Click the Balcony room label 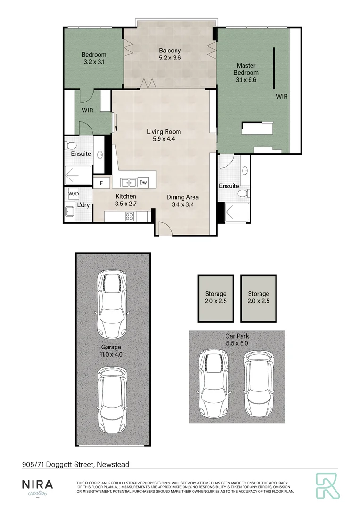point(170,51)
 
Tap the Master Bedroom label point(247,69)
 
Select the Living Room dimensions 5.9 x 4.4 point(164,139)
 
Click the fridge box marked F point(101,183)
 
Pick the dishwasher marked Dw point(143,182)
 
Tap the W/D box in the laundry point(74,194)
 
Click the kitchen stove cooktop point(129,216)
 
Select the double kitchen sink point(128,182)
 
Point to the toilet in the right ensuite point(243,194)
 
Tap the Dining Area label point(182,197)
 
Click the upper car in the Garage point(112,302)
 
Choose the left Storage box point(215,297)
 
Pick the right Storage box point(258,297)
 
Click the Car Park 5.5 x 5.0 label point(237,340)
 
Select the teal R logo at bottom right point(327,486)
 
